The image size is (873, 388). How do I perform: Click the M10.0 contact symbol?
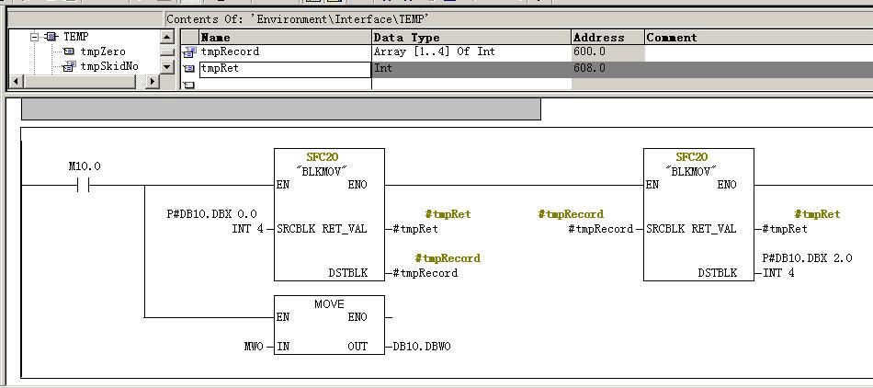pyautogui.click(x=84, y=185)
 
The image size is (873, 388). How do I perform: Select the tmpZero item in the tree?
pyautogui.click(x=102, y=51)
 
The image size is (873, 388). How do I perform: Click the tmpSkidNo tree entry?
pyautogui.click(x=108, y=66)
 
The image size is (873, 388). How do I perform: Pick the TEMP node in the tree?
pyautogui.click(x=75, y=37)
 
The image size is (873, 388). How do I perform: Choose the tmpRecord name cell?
pyautogui.click(x=231, y=51)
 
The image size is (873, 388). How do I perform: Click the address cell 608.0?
pyautogui.click(x=590, y=68)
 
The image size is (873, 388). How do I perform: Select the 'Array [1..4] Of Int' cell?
pyautogui.click(x=435, y=51)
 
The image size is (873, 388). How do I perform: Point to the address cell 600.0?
pyautogui.click(x=590, y=51)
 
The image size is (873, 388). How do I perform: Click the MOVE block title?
pyautogui.click(x=329, y=302)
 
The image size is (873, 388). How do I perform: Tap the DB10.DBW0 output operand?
pyautogui.click(x=422, y=347)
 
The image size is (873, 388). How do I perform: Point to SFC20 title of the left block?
pyautogui.click(x=329, y=156)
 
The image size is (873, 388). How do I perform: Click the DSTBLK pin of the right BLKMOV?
pyautogui.click(x=717, y=273)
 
